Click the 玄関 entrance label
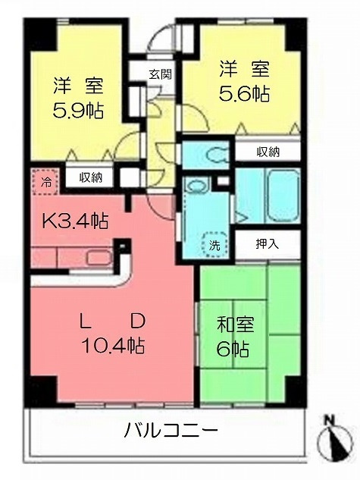point(159,74)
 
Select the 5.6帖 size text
point(245,95)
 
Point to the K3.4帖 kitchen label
point(74,221)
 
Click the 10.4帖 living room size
point(114,346)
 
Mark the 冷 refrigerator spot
point(46,183)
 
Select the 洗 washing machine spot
point(214,246)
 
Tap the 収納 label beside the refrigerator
point(91,178)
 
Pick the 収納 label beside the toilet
point(268,152)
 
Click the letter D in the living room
point(137,321)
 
